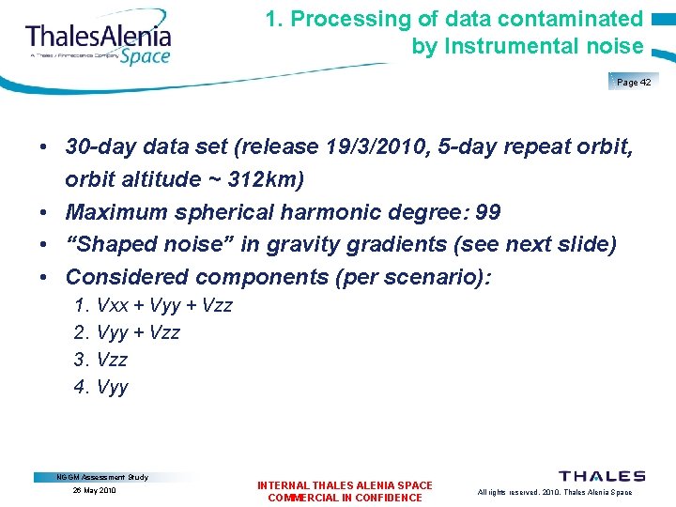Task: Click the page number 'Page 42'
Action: (x=635, y=83)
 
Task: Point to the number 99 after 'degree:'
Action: (x=487, y=212)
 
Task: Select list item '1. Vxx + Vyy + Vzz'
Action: (x=152, y=305)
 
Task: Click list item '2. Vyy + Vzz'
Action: (x=127, y=332)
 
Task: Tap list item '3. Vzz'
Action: (x=100, y=360)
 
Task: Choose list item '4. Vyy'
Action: (x=100, y=387)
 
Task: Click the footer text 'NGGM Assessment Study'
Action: (x=102, y=477)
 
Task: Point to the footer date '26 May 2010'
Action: (x=95, y=491)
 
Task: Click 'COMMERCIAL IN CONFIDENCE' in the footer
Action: (x=345, y=498)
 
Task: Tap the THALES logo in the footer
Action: (x=602, y=476)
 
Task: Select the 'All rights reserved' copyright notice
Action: (x=554, y=492)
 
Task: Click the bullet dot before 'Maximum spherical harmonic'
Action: (x=44, y=213)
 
